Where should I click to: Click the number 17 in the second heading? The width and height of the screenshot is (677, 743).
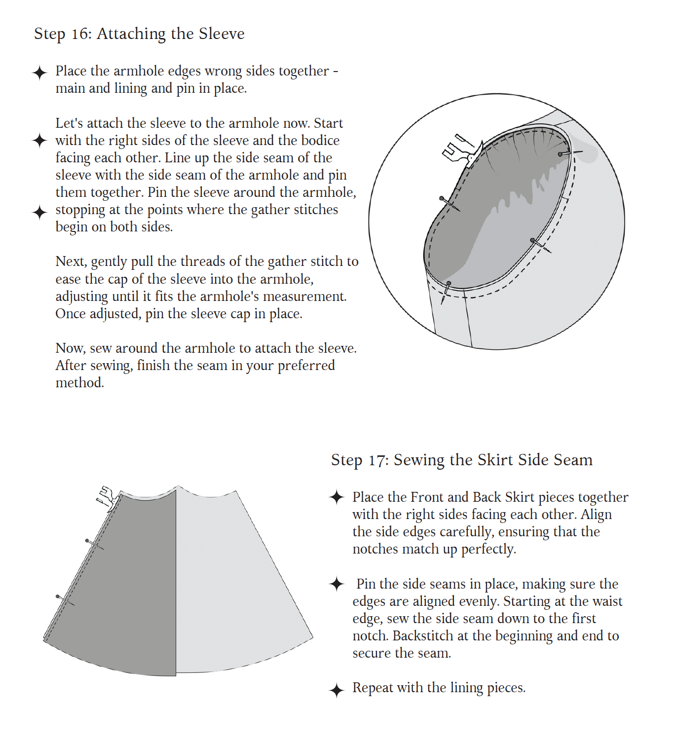pyautogui.click(x=378, y=460)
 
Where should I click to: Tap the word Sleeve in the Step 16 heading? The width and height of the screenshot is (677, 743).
pyautogui.click(x=222, y=34)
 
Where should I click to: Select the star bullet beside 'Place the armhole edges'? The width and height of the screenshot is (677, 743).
pyautogui.click(x=39, y=73)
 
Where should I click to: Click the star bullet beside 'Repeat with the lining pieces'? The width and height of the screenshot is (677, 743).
pyautogui.click(x=337, y=690)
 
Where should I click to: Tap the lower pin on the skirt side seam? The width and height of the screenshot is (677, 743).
pyautogui.click(x=65, y=600)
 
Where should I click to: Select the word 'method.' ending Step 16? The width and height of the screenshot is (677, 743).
pyautogui.click(x=79, y=383)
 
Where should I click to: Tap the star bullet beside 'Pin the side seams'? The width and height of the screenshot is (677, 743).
pyautogui.click(x=337, y=584)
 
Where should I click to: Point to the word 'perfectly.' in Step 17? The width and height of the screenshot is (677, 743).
pyautogui.click(x=489, y=550)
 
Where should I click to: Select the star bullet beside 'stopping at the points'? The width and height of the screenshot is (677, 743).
pyautogui.click(x=39, y=213)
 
